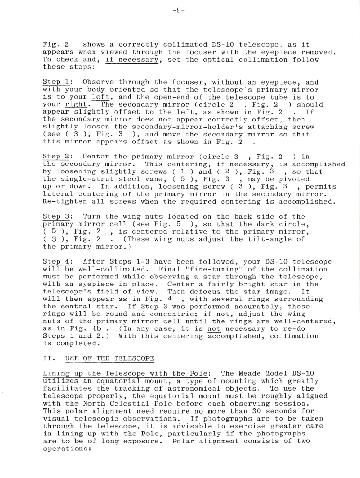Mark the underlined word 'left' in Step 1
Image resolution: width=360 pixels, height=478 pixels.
(97, 97)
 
